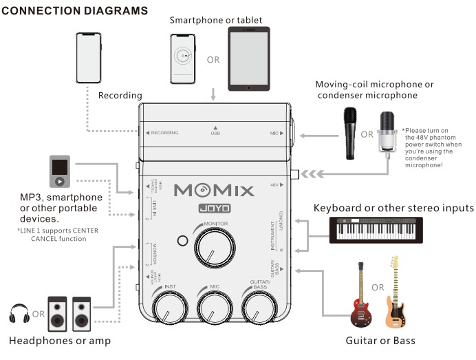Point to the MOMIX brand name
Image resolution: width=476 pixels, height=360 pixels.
click(x=214, y=190)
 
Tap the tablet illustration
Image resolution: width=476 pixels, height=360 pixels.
click(x=249, y=59)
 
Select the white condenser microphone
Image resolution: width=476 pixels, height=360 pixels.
click(x=389, y=131)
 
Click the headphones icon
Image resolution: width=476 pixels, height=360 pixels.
click(x=18, y=316)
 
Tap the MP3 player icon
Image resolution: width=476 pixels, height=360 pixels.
click(x=59, y=172)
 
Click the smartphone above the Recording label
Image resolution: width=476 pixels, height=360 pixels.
click(x=88, y=58)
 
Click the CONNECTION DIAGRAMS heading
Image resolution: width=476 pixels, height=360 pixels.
click(x=75, y=12)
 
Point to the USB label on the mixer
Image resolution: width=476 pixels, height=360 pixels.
click(x=215, y=133)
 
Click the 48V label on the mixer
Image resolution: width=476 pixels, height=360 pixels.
click(x=274, y=185)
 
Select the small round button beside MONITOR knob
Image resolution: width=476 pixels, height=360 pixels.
click(x=182, y=241)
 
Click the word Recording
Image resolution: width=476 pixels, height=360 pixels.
click(x=120, y=95)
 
